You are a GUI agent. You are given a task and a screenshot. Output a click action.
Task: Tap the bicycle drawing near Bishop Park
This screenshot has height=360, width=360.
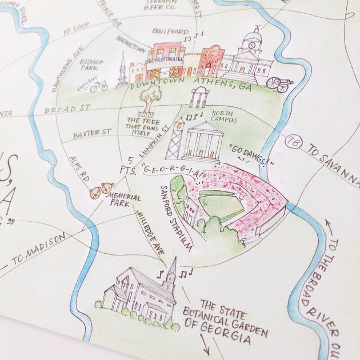pos(99,86)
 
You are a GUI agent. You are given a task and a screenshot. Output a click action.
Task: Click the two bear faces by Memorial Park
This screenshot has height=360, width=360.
pos(101,190)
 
